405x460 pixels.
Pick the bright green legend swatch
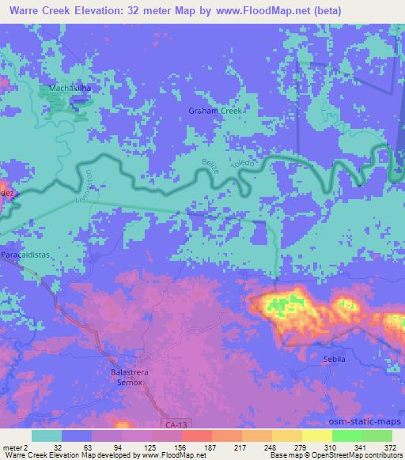point(346,435)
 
